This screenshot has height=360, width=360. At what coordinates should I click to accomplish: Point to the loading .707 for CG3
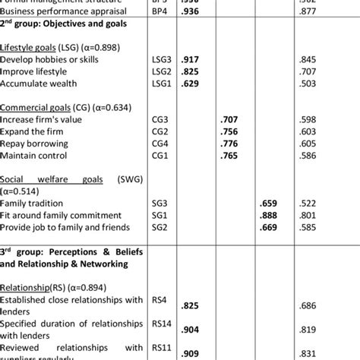pyautogui.click(x=229, y=119)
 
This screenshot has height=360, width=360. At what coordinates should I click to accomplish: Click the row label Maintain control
pyautogui.click(x=34, y=156)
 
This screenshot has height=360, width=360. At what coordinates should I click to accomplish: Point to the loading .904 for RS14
pyautogui.click(x=191, y=330)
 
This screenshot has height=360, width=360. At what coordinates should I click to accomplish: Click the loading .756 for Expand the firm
pyautogui.click(x=229, y=131)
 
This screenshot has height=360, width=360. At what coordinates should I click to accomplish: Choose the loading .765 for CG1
pyautogui.click(x=229, y=156)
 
